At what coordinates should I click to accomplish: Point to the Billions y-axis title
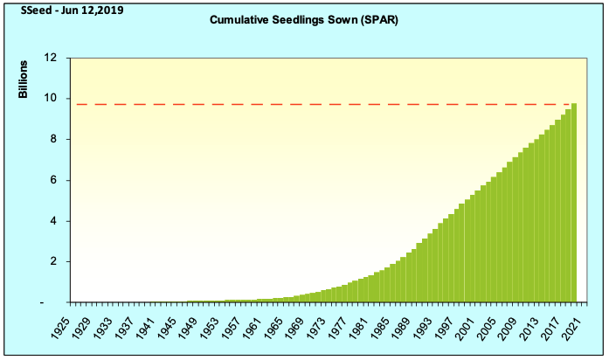(x=24, y=80)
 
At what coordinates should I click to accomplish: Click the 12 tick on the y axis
(x=51, y=58)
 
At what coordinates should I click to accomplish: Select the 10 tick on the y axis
(x=51, y=99)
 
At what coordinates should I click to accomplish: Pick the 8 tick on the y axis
(x=52, y=140)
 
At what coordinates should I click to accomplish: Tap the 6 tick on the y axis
(x=52, y=180)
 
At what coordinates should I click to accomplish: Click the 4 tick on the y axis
(x=52, y=221)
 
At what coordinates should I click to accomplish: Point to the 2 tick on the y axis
(x=52, y=262)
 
